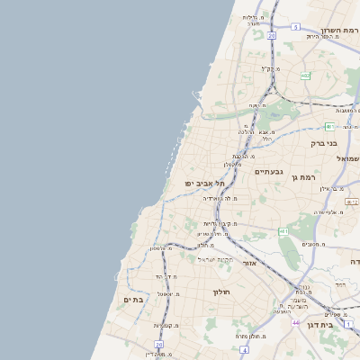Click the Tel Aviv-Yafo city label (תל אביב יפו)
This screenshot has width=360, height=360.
pyautogui.click(x=204, y=183)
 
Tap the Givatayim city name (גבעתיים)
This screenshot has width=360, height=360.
pyautogui.click(x=269, y=171)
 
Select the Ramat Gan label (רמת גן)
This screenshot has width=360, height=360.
pyautogui.click(x=308, y=177)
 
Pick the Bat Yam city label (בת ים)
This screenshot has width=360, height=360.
pyautogui.click(x=133, y=299)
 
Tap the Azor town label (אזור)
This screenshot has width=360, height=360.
pyautogui.click(x=250, y=264)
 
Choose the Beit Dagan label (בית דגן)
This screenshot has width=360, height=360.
pyautogui.click(x=319, y=325)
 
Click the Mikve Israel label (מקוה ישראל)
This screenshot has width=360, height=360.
pyautogui.click(x=216, y=259)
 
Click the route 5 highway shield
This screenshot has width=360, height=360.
pyautogui.click(x=295, y=27)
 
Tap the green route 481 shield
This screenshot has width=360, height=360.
pyautogui.click(x=329, y=126)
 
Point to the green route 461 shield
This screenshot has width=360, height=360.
pyautogui.click(x=283, y=231)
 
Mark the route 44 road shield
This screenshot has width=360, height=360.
pyautogui.click(x=295, y=321)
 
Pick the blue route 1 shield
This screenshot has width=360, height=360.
pyautogui.click(x=349, y=323)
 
